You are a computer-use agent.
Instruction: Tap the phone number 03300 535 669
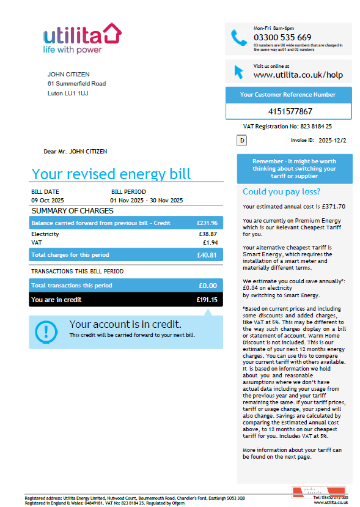[282, 37]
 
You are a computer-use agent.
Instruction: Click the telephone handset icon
[238, 38]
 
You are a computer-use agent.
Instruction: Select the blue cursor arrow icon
[238, 71]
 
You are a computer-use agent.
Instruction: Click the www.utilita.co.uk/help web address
[298, 75]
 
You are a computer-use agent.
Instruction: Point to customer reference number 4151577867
[290, 111]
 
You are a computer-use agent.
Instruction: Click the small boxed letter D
[241, 141]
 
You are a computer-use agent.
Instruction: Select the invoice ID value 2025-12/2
[332, 140]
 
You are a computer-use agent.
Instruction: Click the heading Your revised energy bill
[111, 174]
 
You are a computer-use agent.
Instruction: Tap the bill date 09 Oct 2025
[48, 201]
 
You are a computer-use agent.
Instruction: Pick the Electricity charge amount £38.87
[208, 234]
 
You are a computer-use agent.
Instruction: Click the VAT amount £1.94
[210, 243]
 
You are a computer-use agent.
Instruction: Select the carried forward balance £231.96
[207, 223]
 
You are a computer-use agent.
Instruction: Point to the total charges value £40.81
[207, 254]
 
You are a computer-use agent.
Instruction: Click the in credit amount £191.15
[207, 300]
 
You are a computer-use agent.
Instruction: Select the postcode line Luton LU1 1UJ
[67, 94]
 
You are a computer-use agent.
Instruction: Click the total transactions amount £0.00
[208, 286]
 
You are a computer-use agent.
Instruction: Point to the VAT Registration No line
[287, 127]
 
